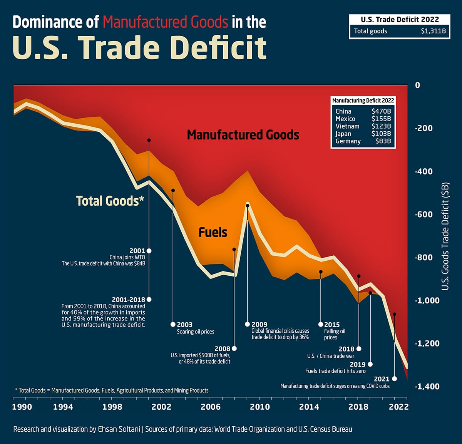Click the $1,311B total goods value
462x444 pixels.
point(433,31)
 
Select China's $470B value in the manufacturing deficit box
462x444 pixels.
point(381,111)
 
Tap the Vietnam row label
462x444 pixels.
point(347,126)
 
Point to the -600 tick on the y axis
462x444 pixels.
point(423,214)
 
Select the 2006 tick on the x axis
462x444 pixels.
point(211,407)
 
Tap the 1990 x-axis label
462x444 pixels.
point(22,407)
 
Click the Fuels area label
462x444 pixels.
point(213,233)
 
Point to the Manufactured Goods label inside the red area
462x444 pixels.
point(243,135)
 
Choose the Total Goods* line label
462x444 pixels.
point(110,201)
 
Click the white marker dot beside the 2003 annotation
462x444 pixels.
point(173,325)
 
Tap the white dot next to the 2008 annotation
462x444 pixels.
point(234,348)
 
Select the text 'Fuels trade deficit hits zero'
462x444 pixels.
point(335,371)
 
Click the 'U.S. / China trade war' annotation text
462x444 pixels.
point(330,356)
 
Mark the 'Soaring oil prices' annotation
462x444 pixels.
point(195,332)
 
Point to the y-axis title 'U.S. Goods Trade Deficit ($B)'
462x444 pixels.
point(445,236)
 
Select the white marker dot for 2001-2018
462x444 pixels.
point(149,300)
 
